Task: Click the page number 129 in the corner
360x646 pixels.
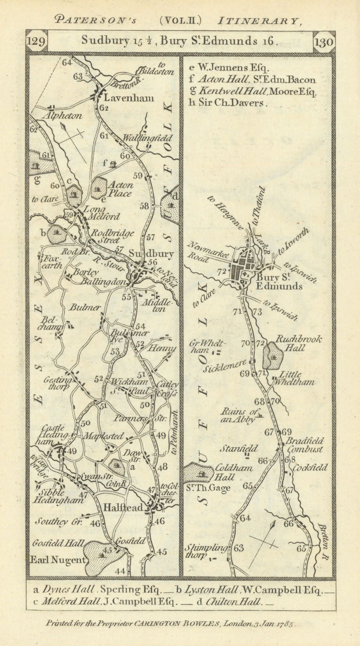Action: coord(37,42)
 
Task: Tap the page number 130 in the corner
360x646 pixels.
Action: coord(322,42)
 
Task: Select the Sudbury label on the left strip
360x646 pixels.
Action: coord(151,254)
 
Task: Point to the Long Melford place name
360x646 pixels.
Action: coord(101,213)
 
